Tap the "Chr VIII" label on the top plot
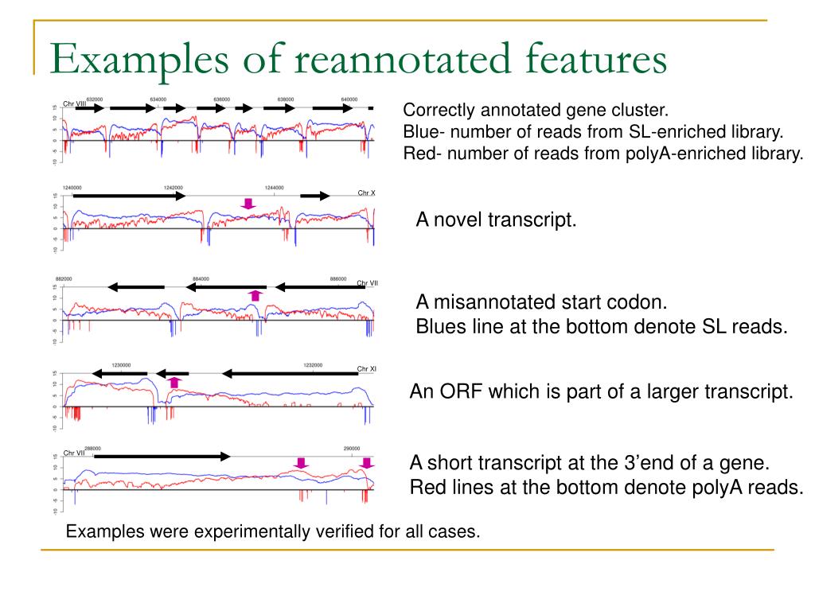click(x=74, y=104)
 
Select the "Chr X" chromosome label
click(x=366, y=193)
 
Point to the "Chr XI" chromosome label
click(x=367, y=369)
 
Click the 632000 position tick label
click(x=94, y=99)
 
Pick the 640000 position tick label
click(x=349, y=99)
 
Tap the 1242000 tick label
click(x=174, y=188)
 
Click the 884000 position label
click(x=201, y=279)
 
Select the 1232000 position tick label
click(x=313, y=365)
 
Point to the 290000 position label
click(x=352, y=449)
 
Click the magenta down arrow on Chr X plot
click(x=249, y=204)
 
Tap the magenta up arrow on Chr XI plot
click(x=175, y=383)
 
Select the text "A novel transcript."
click(x=496, y=220)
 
